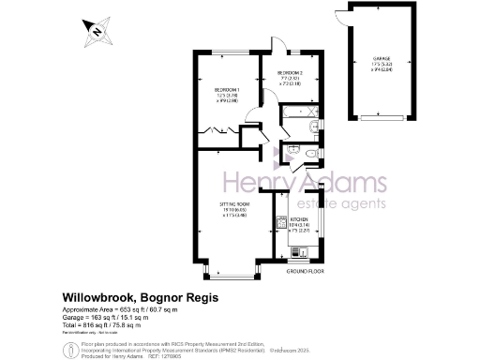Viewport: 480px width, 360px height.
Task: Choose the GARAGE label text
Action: [x=381, y=58]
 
